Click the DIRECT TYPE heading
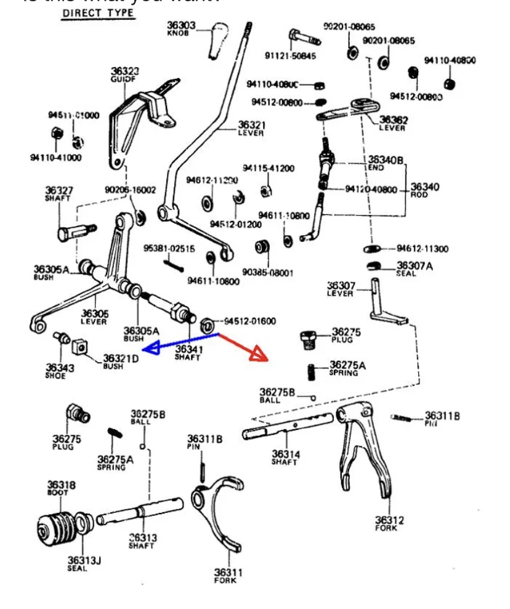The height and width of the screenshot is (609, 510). [x=98, y=14]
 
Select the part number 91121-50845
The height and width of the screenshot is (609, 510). [x=291, y=55]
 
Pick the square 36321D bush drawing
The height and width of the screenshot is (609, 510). [x=78, y=347]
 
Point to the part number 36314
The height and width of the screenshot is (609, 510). [x=286, y=454]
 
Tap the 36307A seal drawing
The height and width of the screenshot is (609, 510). [x=373, y=266]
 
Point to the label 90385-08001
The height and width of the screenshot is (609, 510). [x=268, y=272]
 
